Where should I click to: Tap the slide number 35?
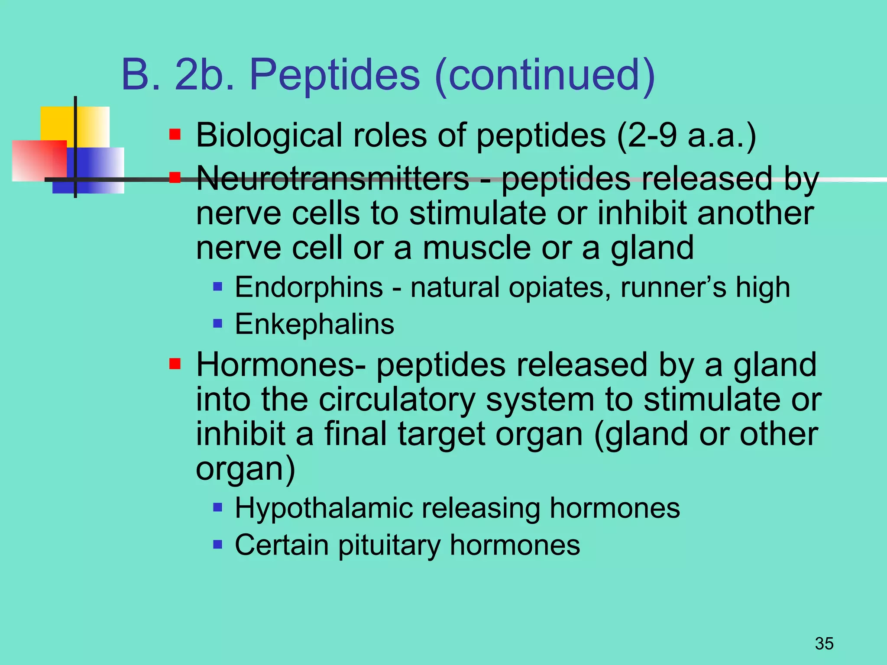824,644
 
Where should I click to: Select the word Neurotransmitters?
333,178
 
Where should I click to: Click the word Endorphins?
309,287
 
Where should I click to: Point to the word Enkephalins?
314,324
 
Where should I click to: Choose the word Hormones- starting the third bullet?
281,365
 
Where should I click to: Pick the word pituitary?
389,545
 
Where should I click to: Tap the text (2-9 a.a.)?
686,136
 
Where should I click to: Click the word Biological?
269,136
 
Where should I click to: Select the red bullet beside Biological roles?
175,134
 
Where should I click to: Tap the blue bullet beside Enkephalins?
218,323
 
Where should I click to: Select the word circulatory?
397,400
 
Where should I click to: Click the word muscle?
476,248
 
